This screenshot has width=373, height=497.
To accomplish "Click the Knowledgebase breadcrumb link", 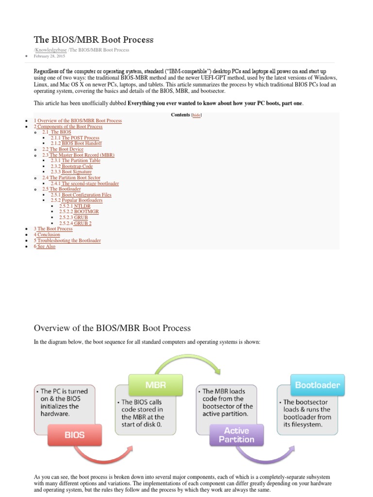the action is (x=51, y=50).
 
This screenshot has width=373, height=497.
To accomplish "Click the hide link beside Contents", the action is (x=196, y=115).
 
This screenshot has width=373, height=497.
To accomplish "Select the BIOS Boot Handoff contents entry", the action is (x=82, y=144).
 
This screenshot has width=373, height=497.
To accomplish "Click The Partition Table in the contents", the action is (x=81, y=161).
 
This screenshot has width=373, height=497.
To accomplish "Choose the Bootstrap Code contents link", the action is (x=77, y=166).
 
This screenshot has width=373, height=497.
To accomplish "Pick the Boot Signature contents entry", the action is (x=77, y=172).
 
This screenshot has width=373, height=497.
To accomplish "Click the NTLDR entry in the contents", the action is (x=82, y=206).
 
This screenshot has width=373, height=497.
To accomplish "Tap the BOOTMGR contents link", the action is (x=85, y=212).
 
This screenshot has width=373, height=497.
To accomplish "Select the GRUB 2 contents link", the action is (x=82, y=223).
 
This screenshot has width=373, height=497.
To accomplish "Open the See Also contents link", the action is (x=46, y=247).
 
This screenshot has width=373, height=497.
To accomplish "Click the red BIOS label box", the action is (x=74, y=435).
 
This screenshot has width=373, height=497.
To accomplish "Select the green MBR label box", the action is (x=156, y=385).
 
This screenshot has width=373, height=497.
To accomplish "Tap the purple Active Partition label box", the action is (x=237, y=435).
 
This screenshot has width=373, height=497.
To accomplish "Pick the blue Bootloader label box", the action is (x=317, y=385).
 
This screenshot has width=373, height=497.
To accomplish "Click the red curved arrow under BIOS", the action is (x=107, y=455).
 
